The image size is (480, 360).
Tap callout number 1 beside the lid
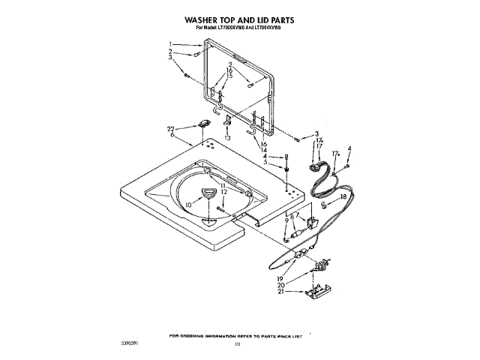pos(171,43)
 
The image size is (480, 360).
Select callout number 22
pos(171,129)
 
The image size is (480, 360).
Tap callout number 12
pos(223,192)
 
